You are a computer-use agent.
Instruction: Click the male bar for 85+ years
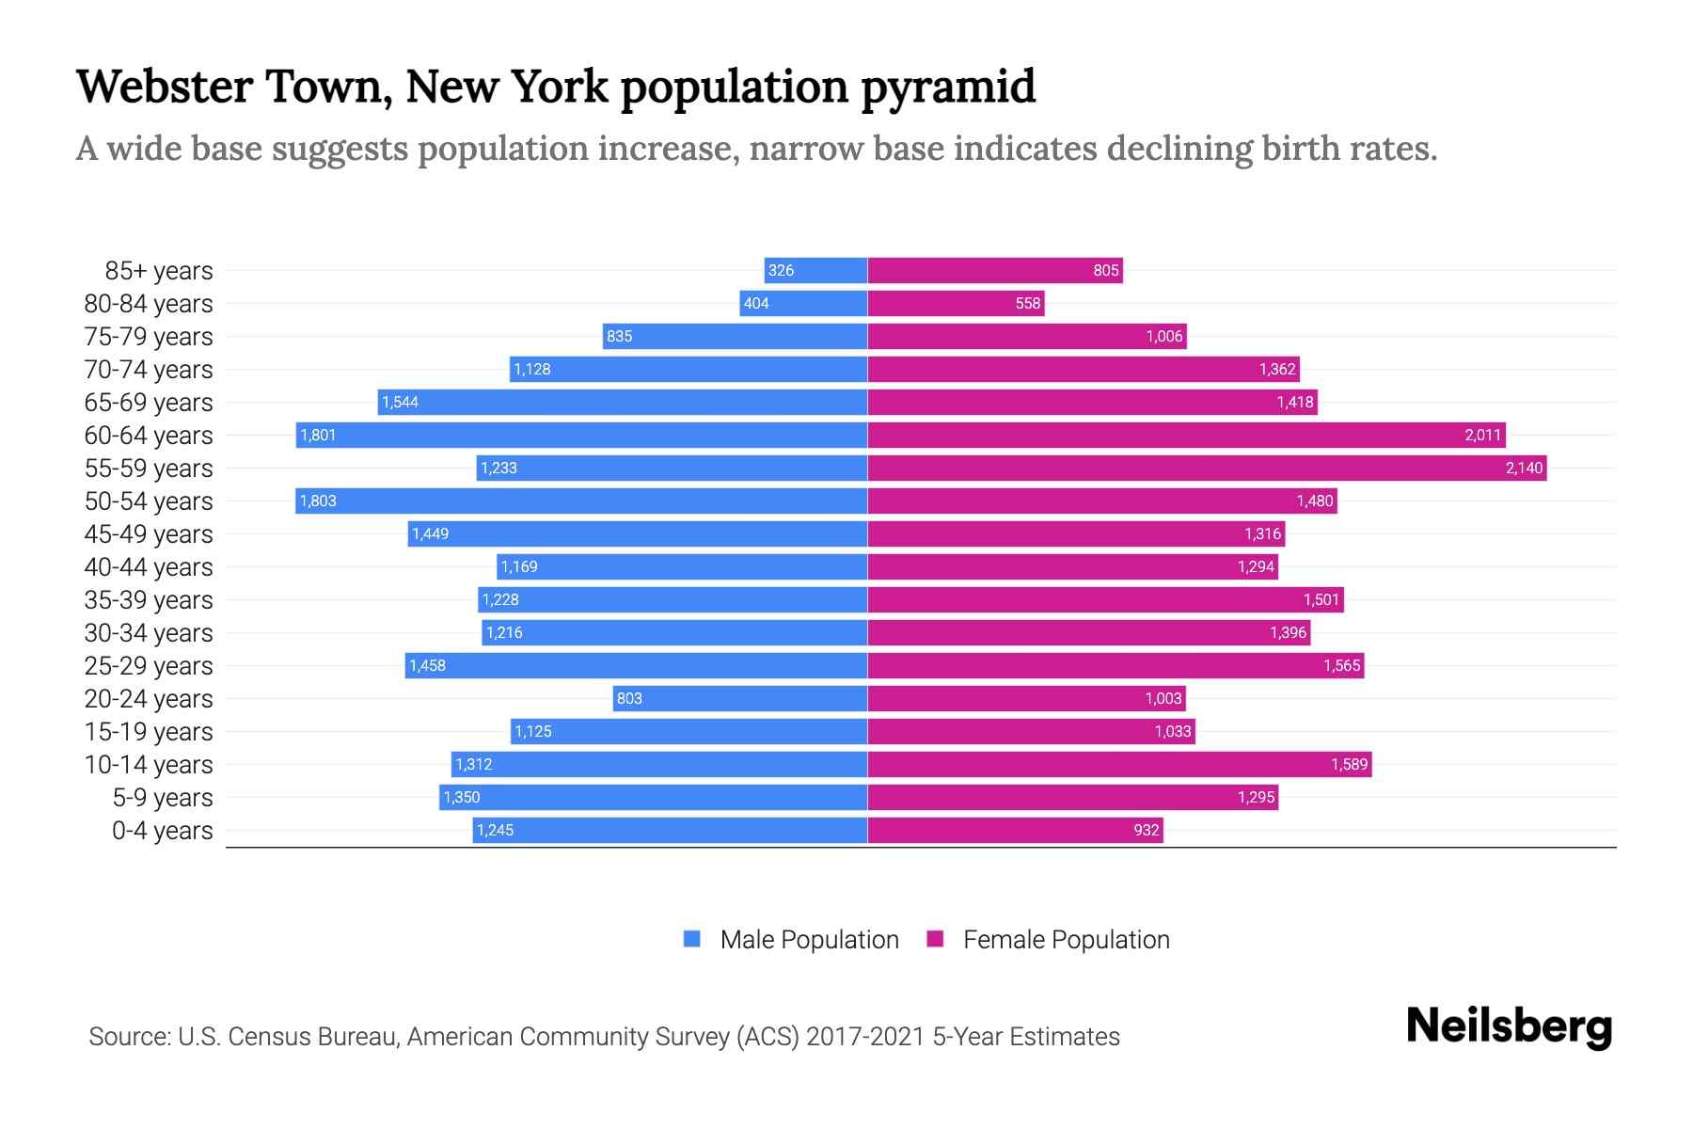[816, 271]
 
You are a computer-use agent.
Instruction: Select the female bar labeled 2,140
[1207, 469]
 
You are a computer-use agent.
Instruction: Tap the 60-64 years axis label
[149, 436]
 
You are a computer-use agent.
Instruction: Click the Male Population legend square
[692, 939]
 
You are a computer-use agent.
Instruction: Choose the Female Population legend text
[1066, 940]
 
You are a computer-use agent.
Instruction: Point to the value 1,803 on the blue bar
[318, 501]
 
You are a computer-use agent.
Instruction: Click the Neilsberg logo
[1509, 1027]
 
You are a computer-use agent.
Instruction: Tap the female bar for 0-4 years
[1015, 831]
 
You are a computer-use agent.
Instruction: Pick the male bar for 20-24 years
[740, 699]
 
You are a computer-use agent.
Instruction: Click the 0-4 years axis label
[162, 831]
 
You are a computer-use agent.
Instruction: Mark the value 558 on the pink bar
[1028, 304]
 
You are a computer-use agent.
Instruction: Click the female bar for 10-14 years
[1119, 765]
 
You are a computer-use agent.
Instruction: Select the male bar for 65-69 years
[623, 403]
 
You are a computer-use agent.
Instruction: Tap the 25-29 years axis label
[149, 666]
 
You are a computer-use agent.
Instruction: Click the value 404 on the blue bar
[756, 304]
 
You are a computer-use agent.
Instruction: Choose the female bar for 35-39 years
[1105, 600]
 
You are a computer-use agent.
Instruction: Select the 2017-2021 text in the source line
[865, 1037]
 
